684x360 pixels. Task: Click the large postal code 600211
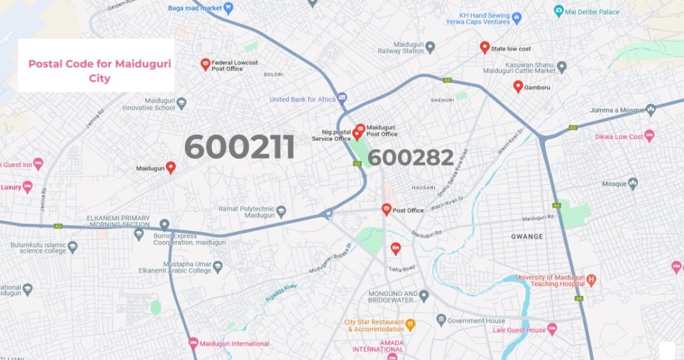pos(239,147)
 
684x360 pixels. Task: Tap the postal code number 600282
pos(411,158)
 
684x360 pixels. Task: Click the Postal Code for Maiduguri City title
pos(96,71)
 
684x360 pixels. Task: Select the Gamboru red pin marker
pos(518,86)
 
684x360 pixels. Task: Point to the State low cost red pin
pos(485,47)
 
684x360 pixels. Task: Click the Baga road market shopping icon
pos(228,8)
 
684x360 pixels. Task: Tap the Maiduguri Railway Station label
pos(400,47)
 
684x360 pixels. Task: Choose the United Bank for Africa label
pos(302,100)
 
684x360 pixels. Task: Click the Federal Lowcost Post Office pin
pos(206,63)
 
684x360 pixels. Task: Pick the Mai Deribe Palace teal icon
pos(559,11)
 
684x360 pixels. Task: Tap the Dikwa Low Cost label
pos(619,137)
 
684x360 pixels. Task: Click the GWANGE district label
pos(527,236)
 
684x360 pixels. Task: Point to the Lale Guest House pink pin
pos(552,329)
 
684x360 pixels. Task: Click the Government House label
pos(476,321)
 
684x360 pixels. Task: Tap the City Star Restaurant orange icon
pos(410,325)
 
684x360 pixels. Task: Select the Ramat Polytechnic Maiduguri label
pos(246,212)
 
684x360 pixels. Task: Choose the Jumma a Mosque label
pos(617,110)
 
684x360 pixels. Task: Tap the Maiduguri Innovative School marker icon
pos(181,104)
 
